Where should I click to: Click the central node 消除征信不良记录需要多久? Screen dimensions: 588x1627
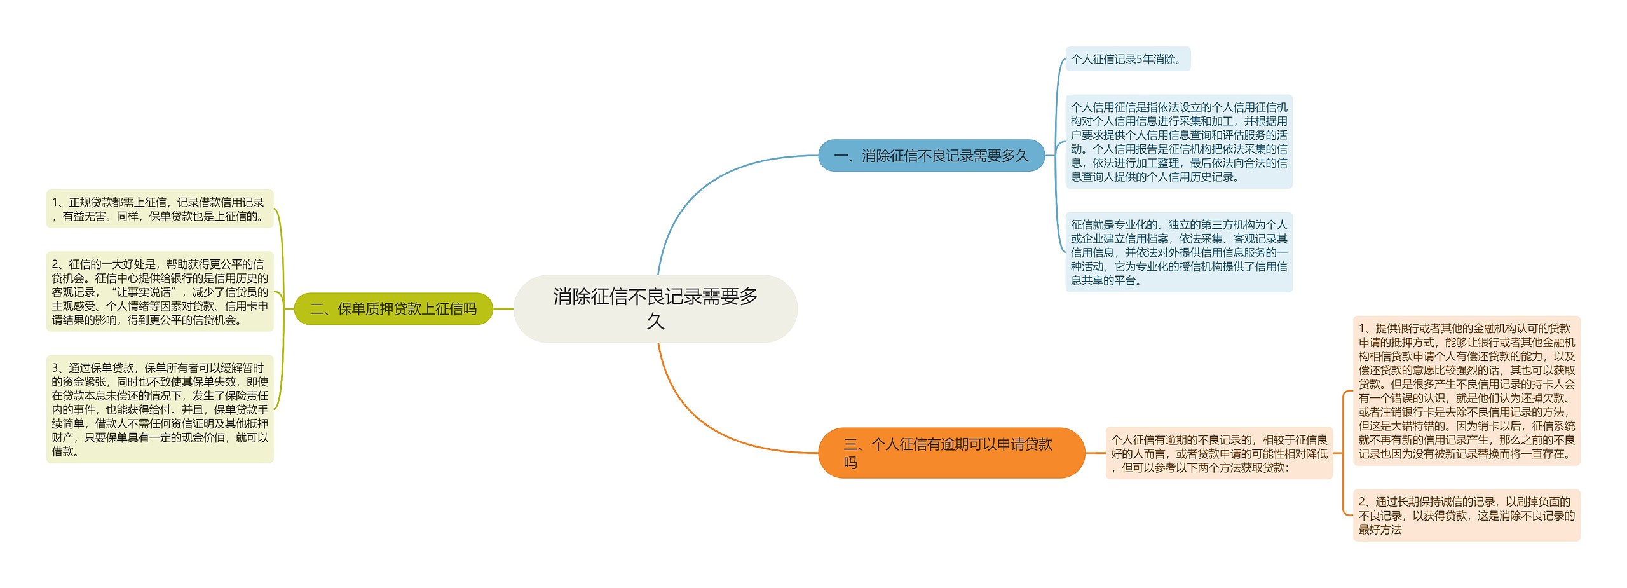tap(655, 308)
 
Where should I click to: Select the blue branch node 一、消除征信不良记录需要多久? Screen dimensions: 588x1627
tap(931, 156)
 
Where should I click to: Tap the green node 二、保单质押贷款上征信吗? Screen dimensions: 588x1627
tap(393, 309)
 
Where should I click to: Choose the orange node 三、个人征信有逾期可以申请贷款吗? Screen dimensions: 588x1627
tap(951, 453)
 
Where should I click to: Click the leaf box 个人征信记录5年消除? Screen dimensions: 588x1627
tap(1127, 59)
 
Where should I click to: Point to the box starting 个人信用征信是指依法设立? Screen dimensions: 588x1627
tap(1179, 142)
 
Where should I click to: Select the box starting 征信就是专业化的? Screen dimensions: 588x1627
tap(1179, 252)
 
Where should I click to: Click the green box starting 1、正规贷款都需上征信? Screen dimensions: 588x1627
tap(160, 209)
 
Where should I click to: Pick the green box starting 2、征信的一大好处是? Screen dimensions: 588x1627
tap(160, 292)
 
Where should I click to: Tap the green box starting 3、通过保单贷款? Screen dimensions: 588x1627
tap(160, 409)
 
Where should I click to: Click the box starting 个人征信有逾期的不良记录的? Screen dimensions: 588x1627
tap(1219, 453)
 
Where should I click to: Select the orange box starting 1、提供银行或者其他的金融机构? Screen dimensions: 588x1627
tap(1466, 391)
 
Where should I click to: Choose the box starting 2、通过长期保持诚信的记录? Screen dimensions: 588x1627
tap(1466, 516)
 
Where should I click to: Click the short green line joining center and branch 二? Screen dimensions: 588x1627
tap(503, 309)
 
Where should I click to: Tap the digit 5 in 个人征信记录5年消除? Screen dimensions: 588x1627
tap(1139, 59)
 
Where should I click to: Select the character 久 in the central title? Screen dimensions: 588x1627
tap(655, 322)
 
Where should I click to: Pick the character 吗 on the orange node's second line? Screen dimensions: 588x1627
tap(850, 463)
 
